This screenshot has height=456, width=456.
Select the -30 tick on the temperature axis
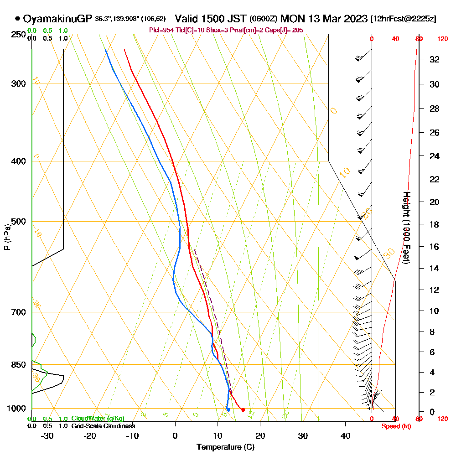pyautogui.click(x=47, y=436)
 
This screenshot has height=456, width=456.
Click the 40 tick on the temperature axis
pyautogui.click(x=346, y=436)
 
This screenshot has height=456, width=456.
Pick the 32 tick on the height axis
pyautogui.click(x=435, y=59)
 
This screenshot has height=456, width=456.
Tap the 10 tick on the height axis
pyautogui.click(x=435, y=311)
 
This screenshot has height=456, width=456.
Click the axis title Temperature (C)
pyautogui.click(x=225, y=447)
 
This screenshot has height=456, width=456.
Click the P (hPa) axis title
pyautogui.click(x=7, y=237)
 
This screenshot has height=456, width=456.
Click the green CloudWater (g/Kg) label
pyautogui.click(x=98, y=419)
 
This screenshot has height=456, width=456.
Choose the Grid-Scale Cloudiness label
pyautogui.click(x=103, y=426)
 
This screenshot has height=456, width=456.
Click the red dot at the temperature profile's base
pyautogui.click(x=243, y=410)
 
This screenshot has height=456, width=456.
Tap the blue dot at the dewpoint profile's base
pyautogui.click(x=228, y=410)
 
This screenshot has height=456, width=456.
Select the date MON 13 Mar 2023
pyautogui.click(x=324, y=19)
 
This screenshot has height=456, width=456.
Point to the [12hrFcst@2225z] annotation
pyautogui.click(x=404, y=19)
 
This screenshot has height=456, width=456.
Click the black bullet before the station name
pyautogui.click(x=17, y=19)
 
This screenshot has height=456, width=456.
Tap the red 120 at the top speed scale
pyautogui.click(x=442, y=39)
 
